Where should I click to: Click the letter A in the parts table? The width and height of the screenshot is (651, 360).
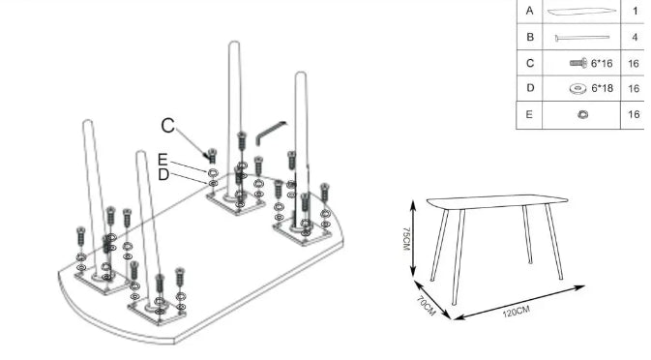click(529, 11)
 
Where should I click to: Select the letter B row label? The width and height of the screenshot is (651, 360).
click(529, 37)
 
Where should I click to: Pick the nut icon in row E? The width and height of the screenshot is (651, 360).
click(582, 114)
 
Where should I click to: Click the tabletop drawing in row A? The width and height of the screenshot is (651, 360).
click(581, 12)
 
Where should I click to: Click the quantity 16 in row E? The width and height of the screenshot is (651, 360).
click(635, 114)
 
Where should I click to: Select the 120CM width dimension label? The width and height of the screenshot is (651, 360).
click(517, 311)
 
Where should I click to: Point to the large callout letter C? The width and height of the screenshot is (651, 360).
click(168, 125)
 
